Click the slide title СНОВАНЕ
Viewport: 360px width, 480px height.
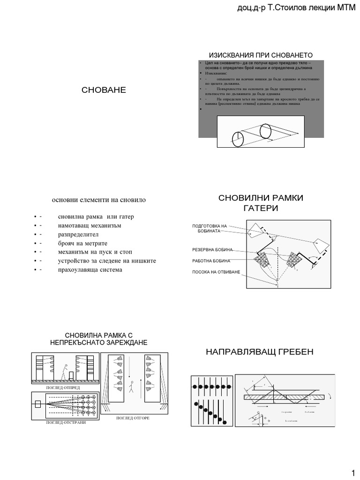(x=104, y=90)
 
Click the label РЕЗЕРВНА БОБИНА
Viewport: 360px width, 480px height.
(x=212, y=249)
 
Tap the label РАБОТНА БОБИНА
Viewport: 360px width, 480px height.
(x=210, y=261)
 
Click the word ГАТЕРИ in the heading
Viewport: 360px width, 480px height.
(x=261, y=208)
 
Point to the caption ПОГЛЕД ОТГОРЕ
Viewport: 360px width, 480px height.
(x=133, y=417)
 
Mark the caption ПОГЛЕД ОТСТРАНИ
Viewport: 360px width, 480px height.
(x=65, y=422)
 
